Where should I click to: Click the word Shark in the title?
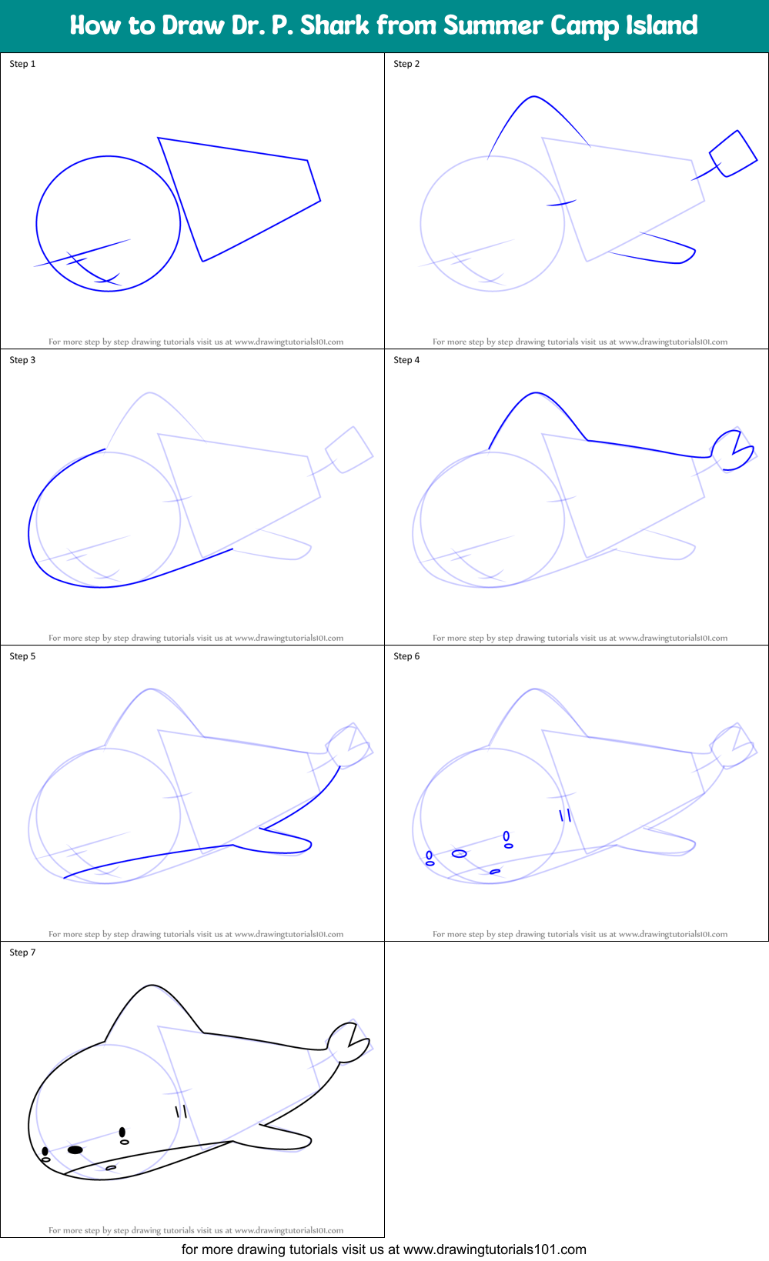click(x=334, y=25)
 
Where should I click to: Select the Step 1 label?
click(x=22, y=64)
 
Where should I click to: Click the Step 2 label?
click(x=406, y=64)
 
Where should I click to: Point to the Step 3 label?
click(x=22, y=360)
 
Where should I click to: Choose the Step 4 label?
click(x=406, y=360)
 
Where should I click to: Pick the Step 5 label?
click(x=22, y=656)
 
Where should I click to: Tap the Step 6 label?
click(x=406, y=656)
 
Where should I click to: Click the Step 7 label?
click(x=22, y=952)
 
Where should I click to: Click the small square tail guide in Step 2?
click(x=733, y=154)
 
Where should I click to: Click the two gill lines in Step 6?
click(x=565, y=815)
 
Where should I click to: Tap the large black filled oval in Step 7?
click(x=75, y=1149)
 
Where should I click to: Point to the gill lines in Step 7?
click(x=181, y=1111)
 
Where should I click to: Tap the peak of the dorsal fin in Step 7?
click(x=152, y=986)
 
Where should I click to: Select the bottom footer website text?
click(x=383, y=1249)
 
